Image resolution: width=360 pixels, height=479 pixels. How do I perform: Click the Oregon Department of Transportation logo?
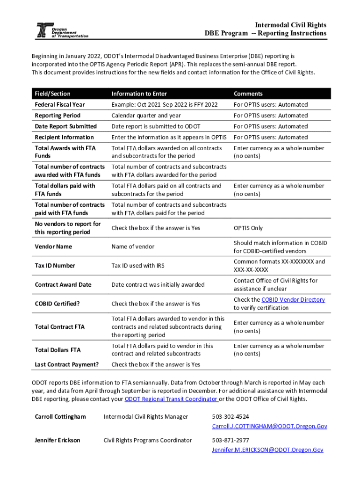click(x=62, y=30)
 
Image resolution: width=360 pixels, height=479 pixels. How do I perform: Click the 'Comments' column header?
click(x=248, y=94)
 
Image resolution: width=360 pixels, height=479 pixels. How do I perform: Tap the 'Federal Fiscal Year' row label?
click(x=60, y=105)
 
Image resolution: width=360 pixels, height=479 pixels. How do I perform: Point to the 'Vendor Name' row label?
click(x=53, y=247)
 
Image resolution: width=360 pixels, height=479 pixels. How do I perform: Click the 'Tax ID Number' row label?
click(x=55, y=266)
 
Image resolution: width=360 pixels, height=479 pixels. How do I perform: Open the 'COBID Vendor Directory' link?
click(x=293, y=300)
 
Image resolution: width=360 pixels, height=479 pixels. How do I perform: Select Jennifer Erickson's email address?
click(x=267, y=450)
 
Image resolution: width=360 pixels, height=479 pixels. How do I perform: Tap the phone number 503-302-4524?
click(x=230, y=417)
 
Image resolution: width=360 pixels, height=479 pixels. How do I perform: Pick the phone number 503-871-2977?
click(x=230, y=440)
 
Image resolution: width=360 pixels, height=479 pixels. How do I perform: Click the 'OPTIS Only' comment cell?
click(x=248, y=228)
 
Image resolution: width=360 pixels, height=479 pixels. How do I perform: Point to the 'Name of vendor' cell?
click(x=133, y=247)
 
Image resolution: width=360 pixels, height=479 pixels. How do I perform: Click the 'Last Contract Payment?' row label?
click(x=67, y=364)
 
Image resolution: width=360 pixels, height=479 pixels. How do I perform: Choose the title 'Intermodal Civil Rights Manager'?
click(x=145, y=417)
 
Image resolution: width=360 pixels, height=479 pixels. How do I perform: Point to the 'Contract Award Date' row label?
click(x=63, y=285)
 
